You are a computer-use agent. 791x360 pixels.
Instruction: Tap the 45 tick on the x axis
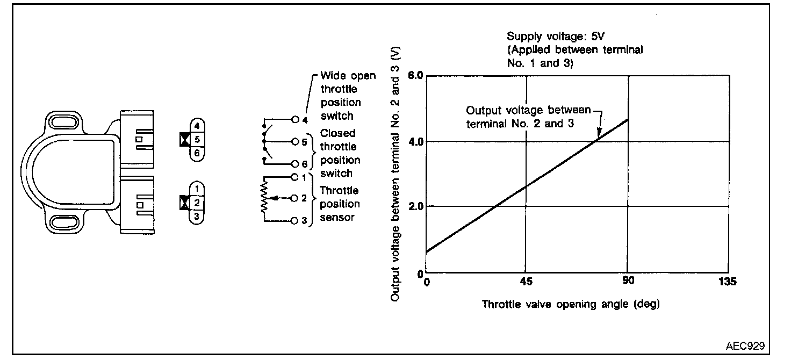[x=526, y=282]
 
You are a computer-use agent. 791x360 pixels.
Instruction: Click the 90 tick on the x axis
[x=628, y=282]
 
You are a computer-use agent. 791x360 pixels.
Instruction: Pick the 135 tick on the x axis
[x=728, y=282]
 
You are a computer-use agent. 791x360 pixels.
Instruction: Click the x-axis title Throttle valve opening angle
[x=571, y=304]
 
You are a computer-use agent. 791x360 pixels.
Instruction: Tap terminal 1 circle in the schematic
[x=294, y=176]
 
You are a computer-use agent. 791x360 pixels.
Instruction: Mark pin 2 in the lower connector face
[x=197, y=203]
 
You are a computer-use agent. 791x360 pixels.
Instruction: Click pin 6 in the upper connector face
[x=197, y=153]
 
